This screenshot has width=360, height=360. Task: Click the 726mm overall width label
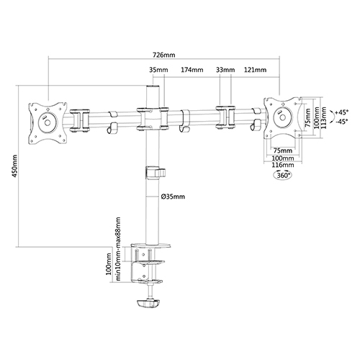[164, 55]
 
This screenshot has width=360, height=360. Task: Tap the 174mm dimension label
[192, 70]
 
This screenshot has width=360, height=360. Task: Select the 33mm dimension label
[225, 70]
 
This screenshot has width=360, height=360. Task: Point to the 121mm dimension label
[256, 70]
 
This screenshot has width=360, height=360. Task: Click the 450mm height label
[15, 166]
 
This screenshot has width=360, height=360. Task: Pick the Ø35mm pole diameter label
[173, 197]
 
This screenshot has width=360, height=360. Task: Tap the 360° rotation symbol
[283, 175]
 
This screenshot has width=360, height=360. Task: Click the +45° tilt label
[341, 112]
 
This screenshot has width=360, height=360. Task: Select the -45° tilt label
[342, 122]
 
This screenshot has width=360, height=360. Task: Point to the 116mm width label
[283, 165]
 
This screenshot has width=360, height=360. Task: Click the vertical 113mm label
[324, 117]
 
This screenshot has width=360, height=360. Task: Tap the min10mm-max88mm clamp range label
[118, 248]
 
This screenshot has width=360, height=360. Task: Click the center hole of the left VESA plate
[48, 122]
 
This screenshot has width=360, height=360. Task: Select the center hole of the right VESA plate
[283, 117]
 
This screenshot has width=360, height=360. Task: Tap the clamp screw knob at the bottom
[148, 303]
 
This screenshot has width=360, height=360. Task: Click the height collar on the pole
[155, 173]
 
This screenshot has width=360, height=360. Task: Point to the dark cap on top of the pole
[153, 86]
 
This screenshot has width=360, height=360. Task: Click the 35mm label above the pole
[158, 70]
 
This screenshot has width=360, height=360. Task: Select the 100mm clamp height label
[109, 264]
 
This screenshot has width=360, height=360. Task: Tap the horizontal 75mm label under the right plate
[283, 150]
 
